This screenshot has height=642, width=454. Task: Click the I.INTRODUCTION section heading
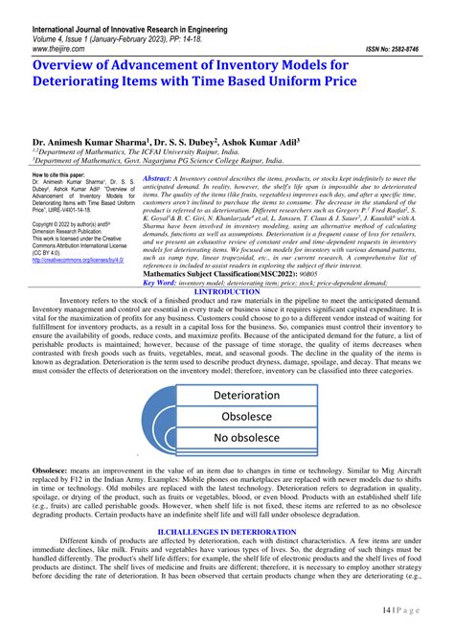(225, 291)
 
